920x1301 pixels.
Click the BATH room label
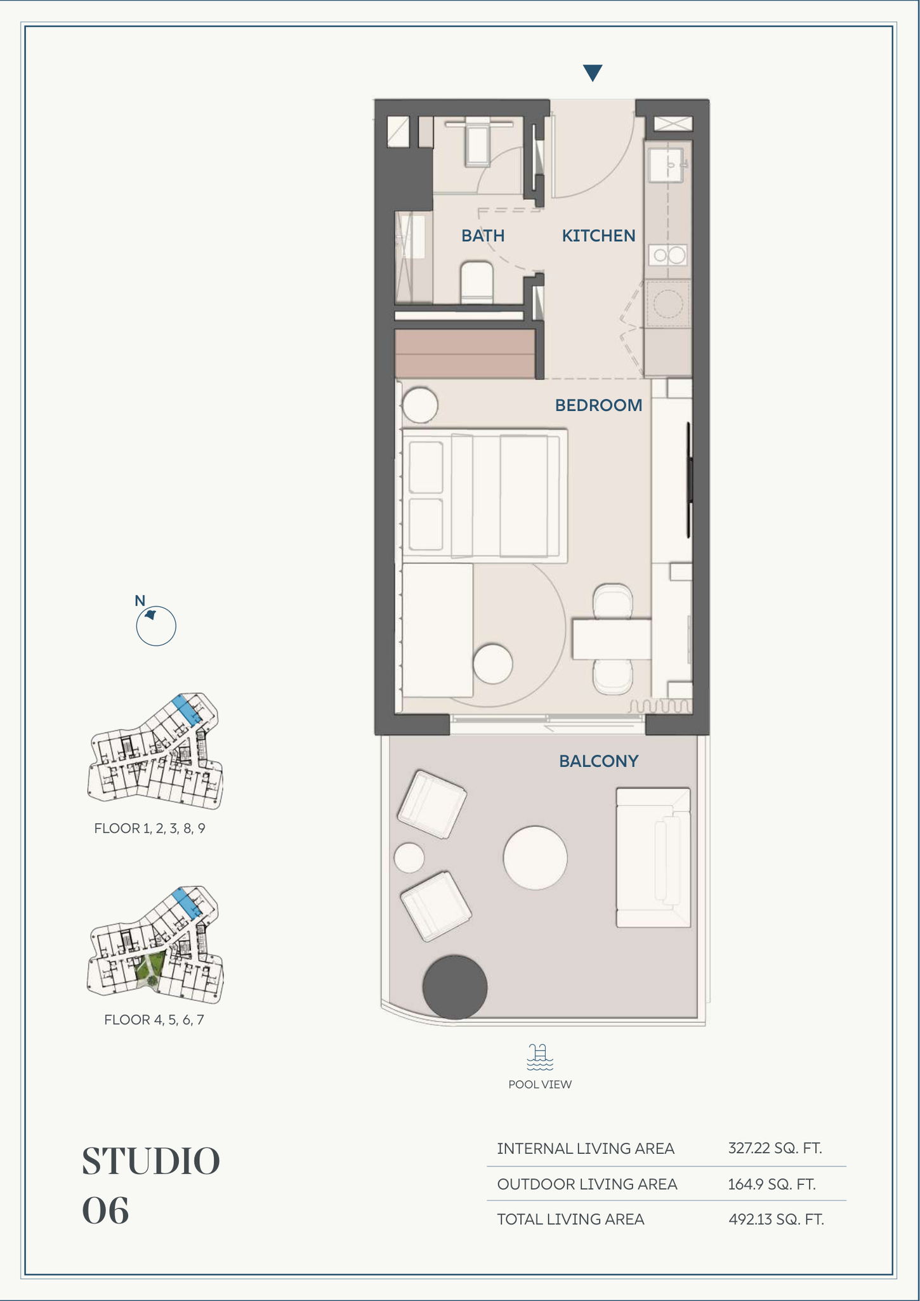[x=483, y=236]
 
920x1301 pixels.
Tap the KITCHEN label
[x=598, y=236]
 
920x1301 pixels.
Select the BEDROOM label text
[x=598, y=405]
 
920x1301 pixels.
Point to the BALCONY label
[x=598, y=761]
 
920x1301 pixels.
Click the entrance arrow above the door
[x=593, y=73]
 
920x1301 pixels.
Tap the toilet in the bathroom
[x=476, y=282]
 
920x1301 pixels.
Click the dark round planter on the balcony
[x=455, y=988]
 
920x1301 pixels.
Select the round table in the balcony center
[x=535, y=858]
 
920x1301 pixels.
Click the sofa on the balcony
[x=653, y=858]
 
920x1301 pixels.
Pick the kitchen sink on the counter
[x=666, y=165]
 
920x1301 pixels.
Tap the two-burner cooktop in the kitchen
[x=667, y=256]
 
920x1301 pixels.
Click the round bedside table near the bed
[x=419, y=405]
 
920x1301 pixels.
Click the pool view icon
[x=540, y=1057]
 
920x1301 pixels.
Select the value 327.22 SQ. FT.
[x=775, y=1148]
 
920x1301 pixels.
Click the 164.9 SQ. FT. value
[x=772, y=1184]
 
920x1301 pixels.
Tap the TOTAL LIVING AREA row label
[x=570, y=1219]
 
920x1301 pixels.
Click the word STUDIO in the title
[x=151, y=1161]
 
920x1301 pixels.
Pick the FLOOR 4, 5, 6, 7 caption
[x=154, y=1020]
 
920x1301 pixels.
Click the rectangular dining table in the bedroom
[x=612, y=639]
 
